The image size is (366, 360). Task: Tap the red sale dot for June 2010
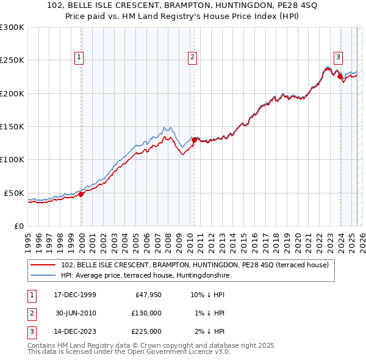coord(194,140)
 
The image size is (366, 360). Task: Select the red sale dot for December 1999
coord(81,194)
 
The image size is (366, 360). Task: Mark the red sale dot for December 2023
coord(340,77)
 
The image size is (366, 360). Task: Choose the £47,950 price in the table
coord(148,295)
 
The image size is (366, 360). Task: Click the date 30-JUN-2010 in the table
coord(74,313)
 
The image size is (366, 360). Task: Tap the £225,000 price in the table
coord(146,331)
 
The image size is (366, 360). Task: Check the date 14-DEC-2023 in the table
coord(74,331)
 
